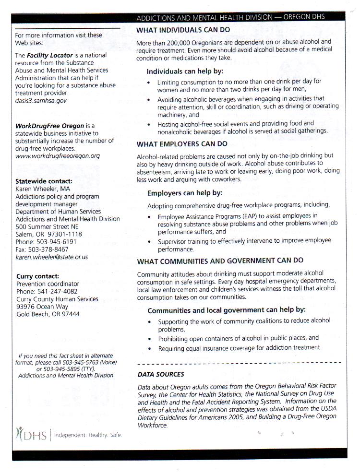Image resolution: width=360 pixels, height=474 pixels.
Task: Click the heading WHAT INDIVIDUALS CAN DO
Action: click(183, 30)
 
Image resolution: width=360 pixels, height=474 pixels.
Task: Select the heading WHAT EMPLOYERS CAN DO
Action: click(182, 143)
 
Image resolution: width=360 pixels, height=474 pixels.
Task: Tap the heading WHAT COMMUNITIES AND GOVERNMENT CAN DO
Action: click(220, 261)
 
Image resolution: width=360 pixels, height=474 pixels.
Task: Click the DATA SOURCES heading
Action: click(161, 374)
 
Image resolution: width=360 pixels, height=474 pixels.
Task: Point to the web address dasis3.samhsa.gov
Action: click(41, 101)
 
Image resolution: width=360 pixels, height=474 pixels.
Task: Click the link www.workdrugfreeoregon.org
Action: click(58, 156)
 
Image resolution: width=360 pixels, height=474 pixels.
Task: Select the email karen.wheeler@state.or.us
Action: click(51, 257)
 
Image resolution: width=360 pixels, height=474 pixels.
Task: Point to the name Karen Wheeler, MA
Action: click(43, 189)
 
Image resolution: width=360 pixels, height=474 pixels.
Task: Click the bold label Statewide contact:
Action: click(44, 181)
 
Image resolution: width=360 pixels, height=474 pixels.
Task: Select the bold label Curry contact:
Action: click(37, 276)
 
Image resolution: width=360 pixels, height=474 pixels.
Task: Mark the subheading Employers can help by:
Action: click(185, 193)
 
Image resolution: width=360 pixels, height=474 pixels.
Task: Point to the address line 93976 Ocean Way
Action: click(42, 307)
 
